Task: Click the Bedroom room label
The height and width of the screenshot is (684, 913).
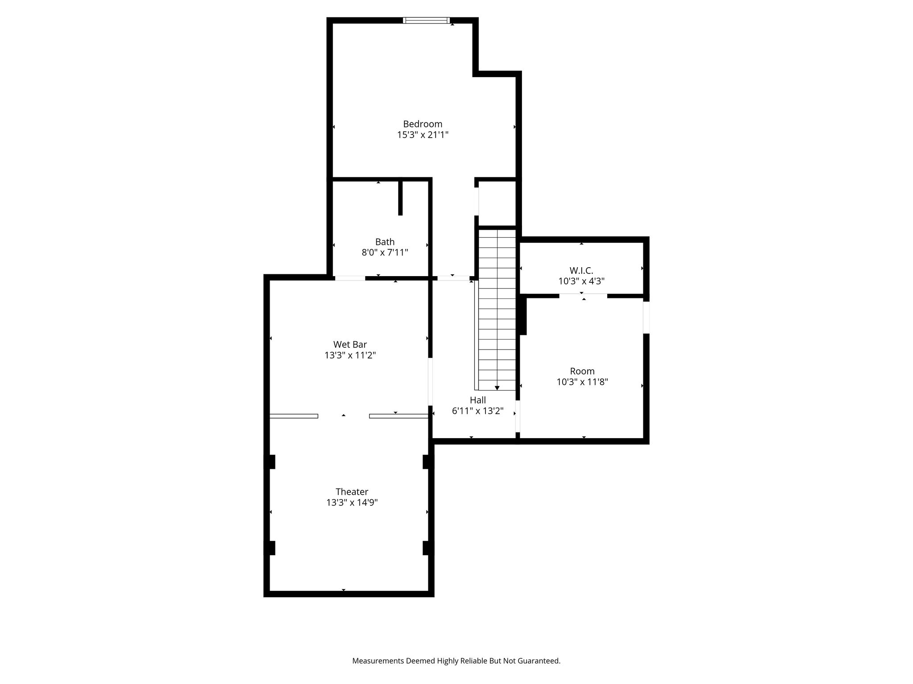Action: [x=423, y=124]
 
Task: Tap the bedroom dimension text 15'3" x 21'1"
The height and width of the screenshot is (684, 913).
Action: [x=423, y=135]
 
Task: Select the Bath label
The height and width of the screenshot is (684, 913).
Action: [x=385, y=242]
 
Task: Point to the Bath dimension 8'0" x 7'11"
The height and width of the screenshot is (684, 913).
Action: [x=385, y=252]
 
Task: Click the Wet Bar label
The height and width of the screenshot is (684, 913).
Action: [x=350, y=344]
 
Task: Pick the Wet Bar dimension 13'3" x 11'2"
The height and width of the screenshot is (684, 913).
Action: [x=350, y=355]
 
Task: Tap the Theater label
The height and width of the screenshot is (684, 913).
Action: [x=352, y=492]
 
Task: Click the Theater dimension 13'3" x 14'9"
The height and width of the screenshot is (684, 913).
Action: [x=352, y=503]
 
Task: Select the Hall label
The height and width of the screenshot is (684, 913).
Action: [x=478, y=400]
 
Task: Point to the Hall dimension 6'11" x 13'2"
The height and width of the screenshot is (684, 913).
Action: [x=478, y=411]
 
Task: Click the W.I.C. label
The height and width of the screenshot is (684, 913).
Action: [x=581, y=270]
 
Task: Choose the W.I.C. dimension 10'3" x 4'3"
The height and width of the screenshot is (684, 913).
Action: [x=581, y=281]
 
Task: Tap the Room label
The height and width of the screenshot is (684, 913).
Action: [x=582, y=371]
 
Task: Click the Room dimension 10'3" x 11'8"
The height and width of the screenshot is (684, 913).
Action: [x=582, y=382]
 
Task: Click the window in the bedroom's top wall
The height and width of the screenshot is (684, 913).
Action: [x=426, y=20]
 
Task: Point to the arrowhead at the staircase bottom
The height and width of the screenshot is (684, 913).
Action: [x=497, y=388]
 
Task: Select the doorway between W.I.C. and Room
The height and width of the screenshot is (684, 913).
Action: [x=583, y=296]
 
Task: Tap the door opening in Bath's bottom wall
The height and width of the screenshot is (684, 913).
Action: [x=350, y=278]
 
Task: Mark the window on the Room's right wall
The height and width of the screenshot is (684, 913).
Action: [x=646, y=317]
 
